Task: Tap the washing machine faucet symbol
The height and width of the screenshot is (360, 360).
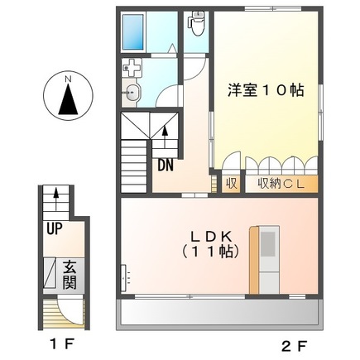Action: [133, 70]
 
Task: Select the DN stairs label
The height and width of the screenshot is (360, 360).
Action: [165, 163]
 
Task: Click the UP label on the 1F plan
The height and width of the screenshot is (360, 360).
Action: [55, 229]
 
